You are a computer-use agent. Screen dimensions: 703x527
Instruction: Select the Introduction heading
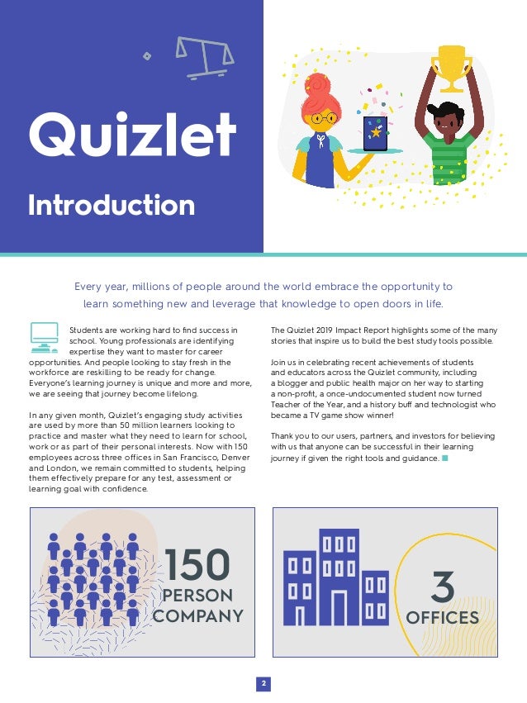[x=112, y=205]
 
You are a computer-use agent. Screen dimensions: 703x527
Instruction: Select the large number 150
[x=197, y=565]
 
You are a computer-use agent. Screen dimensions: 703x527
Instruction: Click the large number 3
[x=443, y=587]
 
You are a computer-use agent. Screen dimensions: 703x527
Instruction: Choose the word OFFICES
[x=442, y=618]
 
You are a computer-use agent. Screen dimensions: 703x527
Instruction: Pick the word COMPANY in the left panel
[x=198, y=616]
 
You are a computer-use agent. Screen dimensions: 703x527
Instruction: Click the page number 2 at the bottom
[x=263, y=684]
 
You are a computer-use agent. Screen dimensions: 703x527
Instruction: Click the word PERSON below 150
[x=197, y=596]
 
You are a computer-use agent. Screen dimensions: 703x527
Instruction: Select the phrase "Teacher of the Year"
[x=308, y=406]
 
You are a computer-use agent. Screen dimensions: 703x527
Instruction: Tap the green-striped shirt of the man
[x=448, y=157]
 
